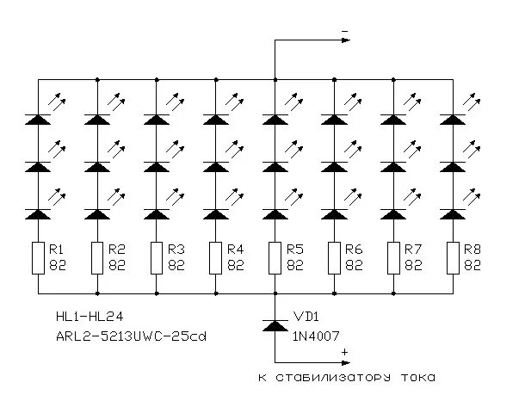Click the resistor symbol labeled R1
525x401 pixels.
coord(39,257)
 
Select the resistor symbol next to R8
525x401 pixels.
coord(452,257)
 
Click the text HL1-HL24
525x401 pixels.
coord(83,317)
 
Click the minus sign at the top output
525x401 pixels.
coord(344,32)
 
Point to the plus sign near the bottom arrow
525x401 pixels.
coord(344,352)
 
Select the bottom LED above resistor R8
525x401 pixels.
coord(452,213)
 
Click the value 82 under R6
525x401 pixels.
coord(354,266)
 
